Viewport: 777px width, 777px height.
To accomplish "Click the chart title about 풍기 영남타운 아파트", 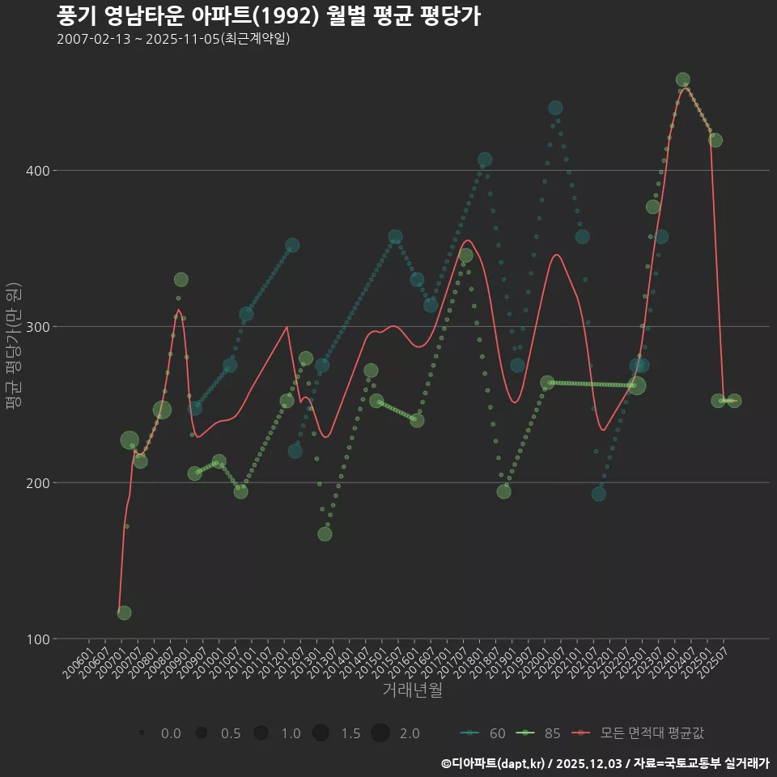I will coord(269,15).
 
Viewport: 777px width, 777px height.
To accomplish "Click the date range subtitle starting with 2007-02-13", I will coord(173,39).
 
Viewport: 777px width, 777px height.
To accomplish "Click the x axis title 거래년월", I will coord(412,690).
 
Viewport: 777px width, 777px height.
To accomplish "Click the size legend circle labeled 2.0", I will coord(381,733).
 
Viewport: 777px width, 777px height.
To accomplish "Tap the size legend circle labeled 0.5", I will coord(202,733).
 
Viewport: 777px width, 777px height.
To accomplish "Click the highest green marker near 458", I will coord(682,80).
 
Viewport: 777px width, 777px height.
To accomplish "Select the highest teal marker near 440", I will coord(555,108).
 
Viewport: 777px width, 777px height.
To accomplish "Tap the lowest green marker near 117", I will coord(124,613).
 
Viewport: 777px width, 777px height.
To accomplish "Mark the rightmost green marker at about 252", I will coord(734,401).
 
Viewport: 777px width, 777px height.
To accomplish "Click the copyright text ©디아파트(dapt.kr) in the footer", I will coord(494,763).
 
